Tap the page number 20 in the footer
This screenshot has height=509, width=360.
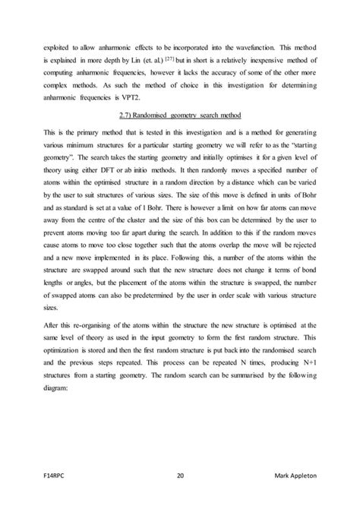180,476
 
